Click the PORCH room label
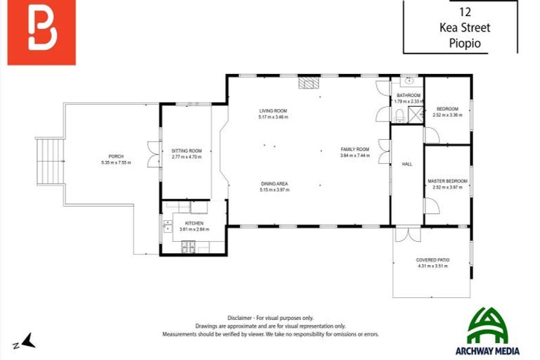click(116, 156)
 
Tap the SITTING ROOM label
click(186, 151)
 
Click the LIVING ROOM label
click(274, 111)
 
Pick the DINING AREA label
click(274, 184)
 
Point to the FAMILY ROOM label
click(354, 150)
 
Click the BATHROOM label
click(408, 96)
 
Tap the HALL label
click(406, 164)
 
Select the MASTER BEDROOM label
click(447, 181)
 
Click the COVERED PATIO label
click(432, 260)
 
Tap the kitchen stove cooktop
click(188, 246)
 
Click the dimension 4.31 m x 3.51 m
click(432, 266)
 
